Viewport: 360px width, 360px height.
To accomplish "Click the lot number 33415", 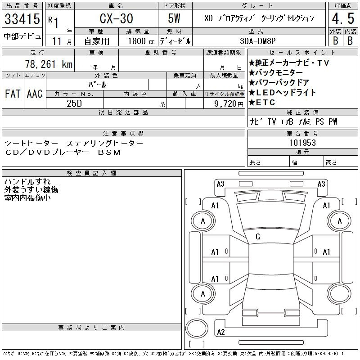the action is [22, 18].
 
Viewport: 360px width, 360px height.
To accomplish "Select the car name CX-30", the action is [116, 18].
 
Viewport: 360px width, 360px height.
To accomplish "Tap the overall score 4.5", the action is [343, 18].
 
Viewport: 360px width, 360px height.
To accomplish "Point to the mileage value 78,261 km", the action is [49, 64].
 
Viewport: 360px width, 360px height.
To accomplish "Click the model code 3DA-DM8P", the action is [257, 41].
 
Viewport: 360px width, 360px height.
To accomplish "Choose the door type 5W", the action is [174, 18].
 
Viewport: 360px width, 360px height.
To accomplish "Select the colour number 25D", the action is [74, 103].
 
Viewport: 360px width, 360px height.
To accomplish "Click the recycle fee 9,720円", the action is [229, 103].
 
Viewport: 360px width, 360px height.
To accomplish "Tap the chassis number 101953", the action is [302, 143].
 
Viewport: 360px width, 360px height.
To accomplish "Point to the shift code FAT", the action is [13, 94].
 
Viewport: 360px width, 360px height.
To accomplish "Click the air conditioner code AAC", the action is [35, 94].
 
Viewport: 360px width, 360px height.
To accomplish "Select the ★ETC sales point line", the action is [262, 103].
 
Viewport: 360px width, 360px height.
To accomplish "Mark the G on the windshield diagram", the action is [258, 237].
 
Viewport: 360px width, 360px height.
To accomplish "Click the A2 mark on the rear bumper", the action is [221, 332].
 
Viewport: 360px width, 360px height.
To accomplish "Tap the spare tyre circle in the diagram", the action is [197, 328].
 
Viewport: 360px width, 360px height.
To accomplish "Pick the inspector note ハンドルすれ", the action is [27, 181].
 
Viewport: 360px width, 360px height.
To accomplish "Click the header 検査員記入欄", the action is [91, 173].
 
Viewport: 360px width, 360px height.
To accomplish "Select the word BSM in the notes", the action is [109, 152].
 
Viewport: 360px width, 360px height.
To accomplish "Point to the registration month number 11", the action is [57, 41].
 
